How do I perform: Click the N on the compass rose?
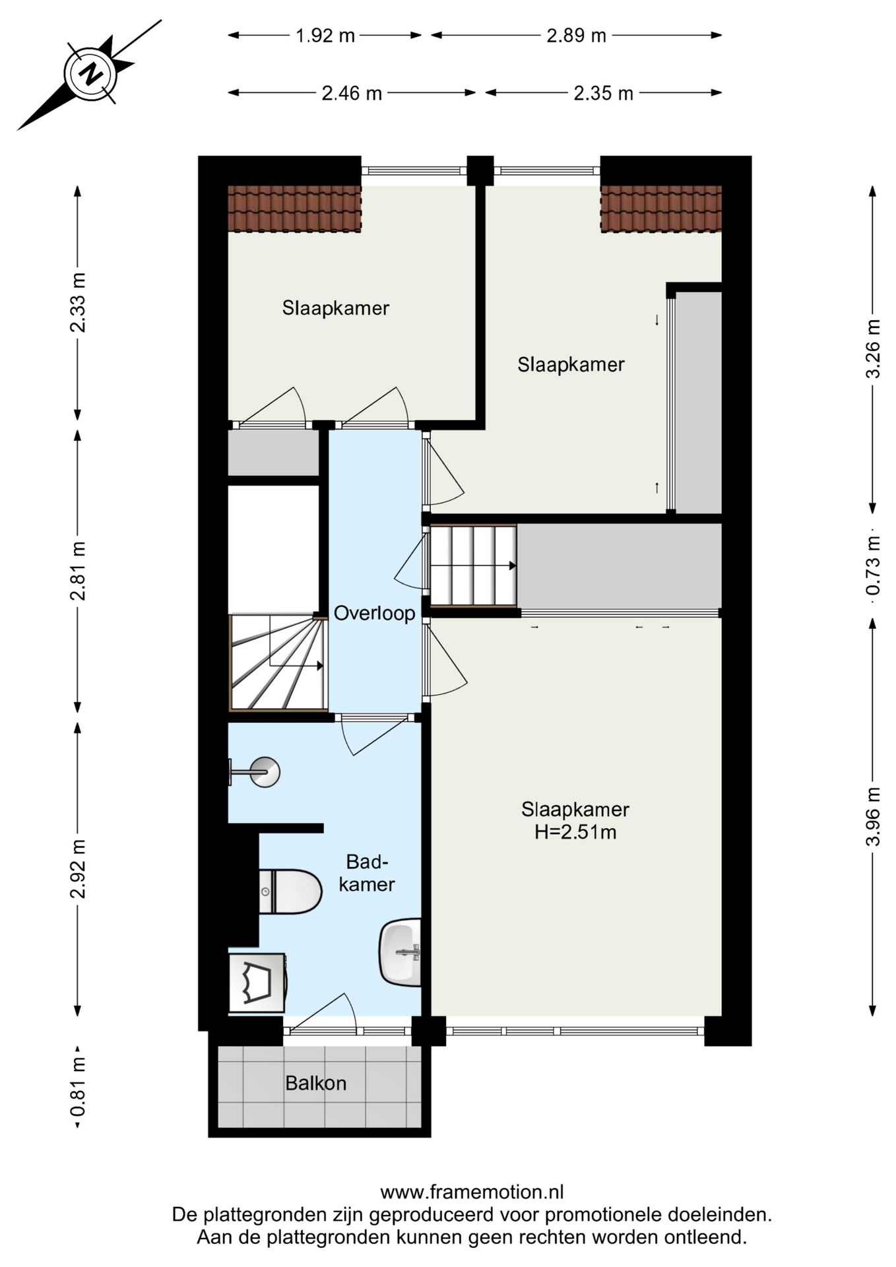click(x=90, y=74)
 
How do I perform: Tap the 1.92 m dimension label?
click(x=325, y=36)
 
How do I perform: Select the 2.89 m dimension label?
click(x=575, y=36)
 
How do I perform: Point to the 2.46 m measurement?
click(x=351, y=94)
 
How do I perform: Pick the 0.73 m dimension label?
click(x=873, y=565)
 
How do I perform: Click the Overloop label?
click(x=374, y=614)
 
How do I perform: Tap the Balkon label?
click(x=315, y=1083)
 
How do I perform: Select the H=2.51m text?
click(x=575, y=832)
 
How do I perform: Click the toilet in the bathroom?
click(x=290, y=891)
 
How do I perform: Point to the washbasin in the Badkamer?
click(x=400, y=952)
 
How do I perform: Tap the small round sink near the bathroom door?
click(x=264, y=771)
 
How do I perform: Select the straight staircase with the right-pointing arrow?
click(x=472, y=566)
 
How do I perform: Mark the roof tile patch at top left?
click(x=294, y=209)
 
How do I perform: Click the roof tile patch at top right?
click(x=660, y=209)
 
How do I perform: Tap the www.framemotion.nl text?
click(x=472, y=1192)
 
